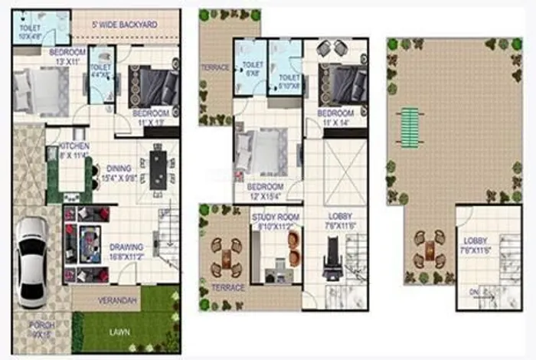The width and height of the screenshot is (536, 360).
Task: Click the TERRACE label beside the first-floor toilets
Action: [215, 67]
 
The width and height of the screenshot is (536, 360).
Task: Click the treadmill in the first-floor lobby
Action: [332, 261]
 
